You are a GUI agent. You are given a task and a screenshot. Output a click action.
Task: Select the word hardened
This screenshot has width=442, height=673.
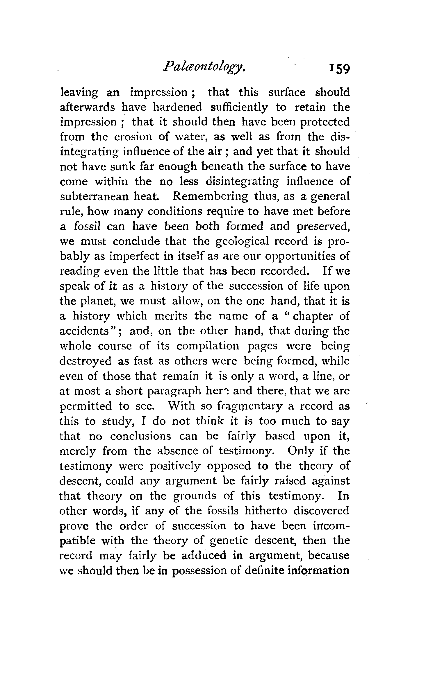177,107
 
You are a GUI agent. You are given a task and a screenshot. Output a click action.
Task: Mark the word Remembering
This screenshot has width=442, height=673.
211,197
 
